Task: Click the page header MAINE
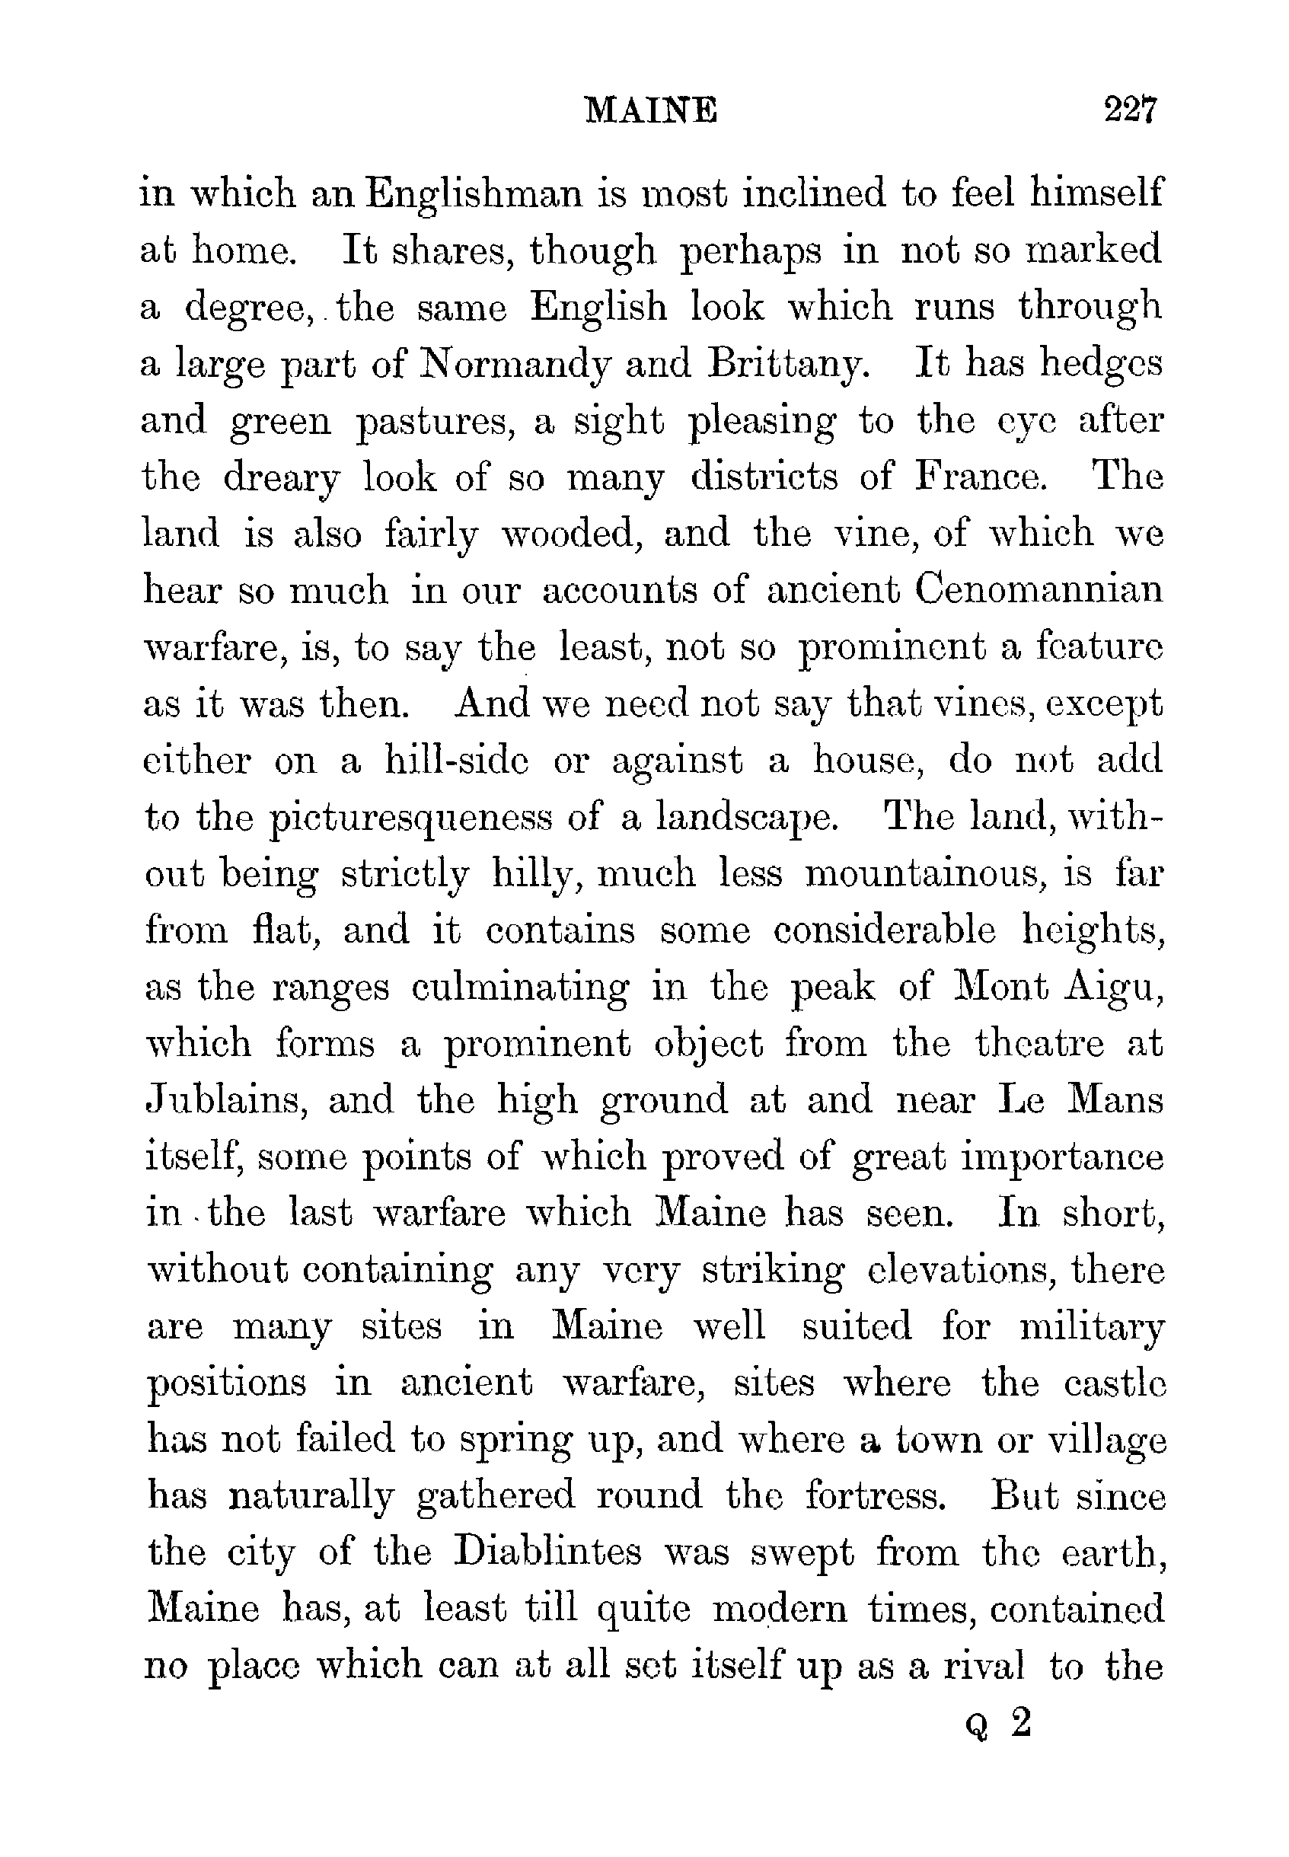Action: (x=650, y=110)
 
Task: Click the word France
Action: (x=981, y=477)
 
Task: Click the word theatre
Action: (x=1038, y=1044)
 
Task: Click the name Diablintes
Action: (x=548, y=1552)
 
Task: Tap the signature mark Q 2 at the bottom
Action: (x=999, y=1725)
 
